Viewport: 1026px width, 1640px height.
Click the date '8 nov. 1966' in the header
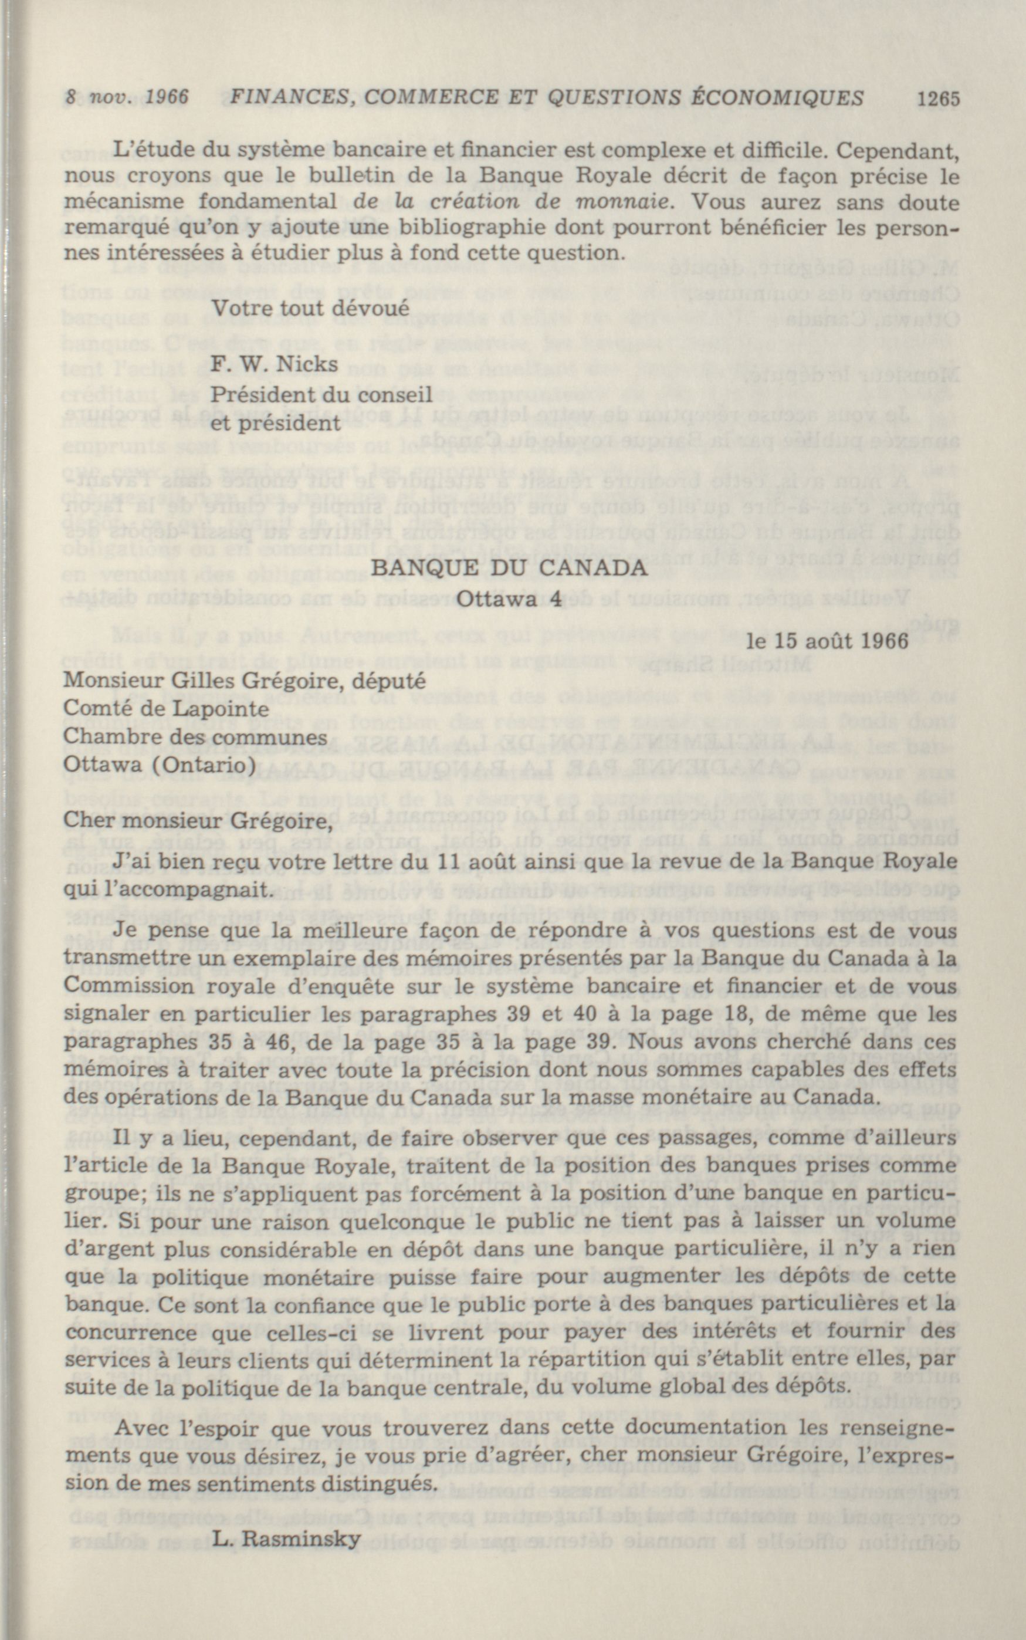tap(127, 98)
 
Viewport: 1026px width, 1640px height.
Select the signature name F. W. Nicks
tap(275, 364)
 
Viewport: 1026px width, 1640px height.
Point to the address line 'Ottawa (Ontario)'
tap(160, 765)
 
